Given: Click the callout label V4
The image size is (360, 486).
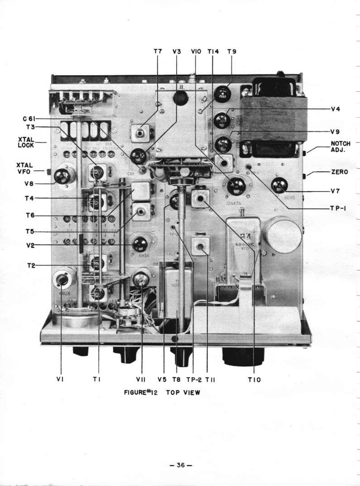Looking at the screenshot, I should click(335, 109).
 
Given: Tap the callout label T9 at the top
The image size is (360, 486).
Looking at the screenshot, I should click(231, 52).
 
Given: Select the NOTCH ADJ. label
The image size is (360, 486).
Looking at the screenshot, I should click(341, 147).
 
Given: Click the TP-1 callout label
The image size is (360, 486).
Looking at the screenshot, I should click(338, 208).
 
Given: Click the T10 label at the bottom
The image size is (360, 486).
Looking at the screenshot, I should click(254, 380).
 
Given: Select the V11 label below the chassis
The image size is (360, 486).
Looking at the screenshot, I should click(141, 380).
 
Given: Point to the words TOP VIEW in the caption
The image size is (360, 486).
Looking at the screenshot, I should click(183, 392).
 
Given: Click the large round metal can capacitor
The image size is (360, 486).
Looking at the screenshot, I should click(284, 234).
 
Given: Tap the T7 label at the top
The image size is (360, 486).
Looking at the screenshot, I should click(157, 52).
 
